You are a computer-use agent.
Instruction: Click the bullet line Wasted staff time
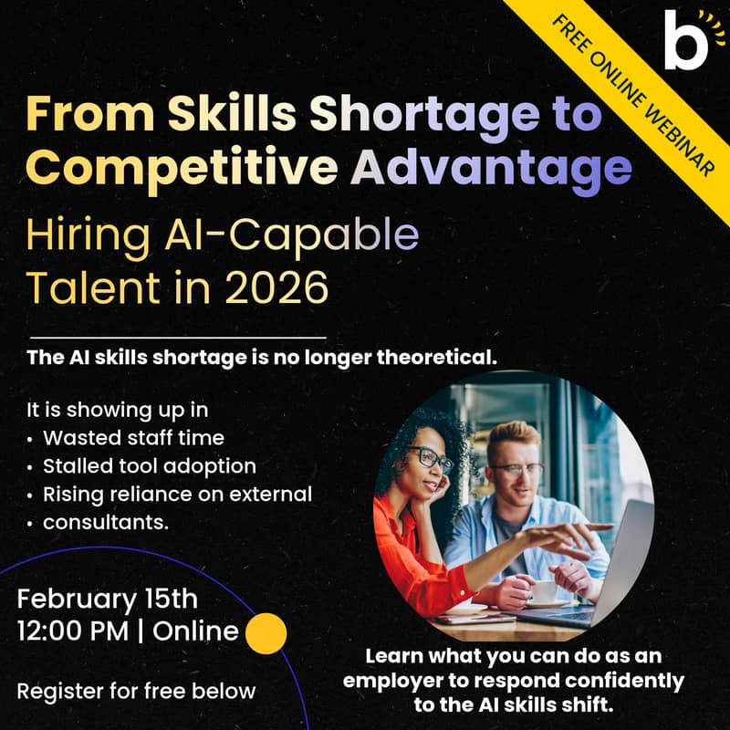coord(133,438)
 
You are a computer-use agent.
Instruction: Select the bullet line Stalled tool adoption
coord(150,466)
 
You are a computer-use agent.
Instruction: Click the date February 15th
coord(107,600)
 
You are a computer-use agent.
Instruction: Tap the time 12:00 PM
coord(72,631)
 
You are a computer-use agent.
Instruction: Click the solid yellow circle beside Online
coord(266,632)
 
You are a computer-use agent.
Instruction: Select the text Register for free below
coord(136,691)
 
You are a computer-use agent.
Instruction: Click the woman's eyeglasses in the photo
coord(431,457)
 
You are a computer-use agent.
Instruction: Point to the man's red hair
coord(512,434)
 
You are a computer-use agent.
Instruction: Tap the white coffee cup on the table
coord(545,591)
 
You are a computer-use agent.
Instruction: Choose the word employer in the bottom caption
coord(433,681)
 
